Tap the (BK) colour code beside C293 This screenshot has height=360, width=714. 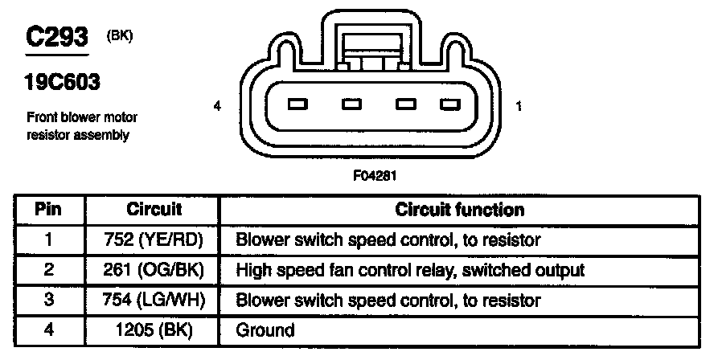[x=118, y=36]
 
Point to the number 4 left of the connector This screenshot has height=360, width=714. [x=217, y=106]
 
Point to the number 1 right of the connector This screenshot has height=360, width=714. [x=519, y=106]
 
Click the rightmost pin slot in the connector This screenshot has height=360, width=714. [x=447, y=104]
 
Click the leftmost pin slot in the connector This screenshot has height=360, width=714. [x=297, y=104]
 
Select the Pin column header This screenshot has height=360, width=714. [x=49, y=211]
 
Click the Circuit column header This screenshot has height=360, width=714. [x=154, y=211]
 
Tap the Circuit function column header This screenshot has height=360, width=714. [x=460, y=211]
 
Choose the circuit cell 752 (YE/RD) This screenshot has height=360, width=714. [x=154, y=240]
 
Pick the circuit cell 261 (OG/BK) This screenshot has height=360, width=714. [x=154, y=270]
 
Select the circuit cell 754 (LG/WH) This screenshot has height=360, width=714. [x=154, y=300]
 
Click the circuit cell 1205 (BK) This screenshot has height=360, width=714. [x=154, y=329]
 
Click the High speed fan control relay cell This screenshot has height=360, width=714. [x=410, y=270]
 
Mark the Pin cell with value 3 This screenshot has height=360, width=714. [x=49, y=300]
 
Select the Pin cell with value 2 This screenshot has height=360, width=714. [x=49, y=270]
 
